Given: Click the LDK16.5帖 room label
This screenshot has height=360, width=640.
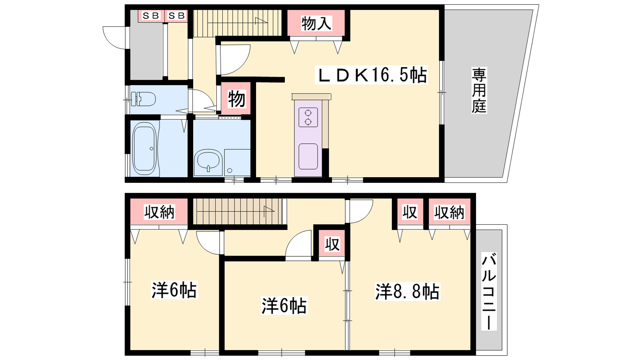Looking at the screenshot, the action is tap(371, 75).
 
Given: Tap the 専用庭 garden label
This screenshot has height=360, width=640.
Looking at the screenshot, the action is tap(479, 90).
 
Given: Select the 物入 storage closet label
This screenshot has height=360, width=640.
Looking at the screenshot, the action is tap(316, 24).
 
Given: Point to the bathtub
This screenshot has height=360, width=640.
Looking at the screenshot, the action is tap(144, 149).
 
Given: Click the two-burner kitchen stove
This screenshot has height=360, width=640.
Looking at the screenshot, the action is tap(308, 117).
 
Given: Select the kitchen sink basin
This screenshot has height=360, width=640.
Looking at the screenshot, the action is tap(308, 156).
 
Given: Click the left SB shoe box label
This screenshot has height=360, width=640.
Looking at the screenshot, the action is tap(151, 16).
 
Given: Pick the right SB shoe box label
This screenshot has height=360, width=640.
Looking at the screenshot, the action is tap(176, 16).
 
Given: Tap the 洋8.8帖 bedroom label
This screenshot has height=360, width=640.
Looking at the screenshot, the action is tap(408, 292).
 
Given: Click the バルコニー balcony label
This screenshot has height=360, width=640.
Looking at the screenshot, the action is tap(489, 291).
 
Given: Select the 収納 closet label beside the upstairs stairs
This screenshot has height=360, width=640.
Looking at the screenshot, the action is tap(159, 212).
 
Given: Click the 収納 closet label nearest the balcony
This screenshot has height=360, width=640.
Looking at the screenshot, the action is tap(449, 212).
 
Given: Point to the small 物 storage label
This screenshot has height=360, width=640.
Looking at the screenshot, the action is tap(236, 99).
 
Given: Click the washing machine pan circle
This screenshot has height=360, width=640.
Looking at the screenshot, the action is tap(230, 171).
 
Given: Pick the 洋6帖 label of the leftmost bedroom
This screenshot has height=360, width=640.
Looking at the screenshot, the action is tap(174, 290).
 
